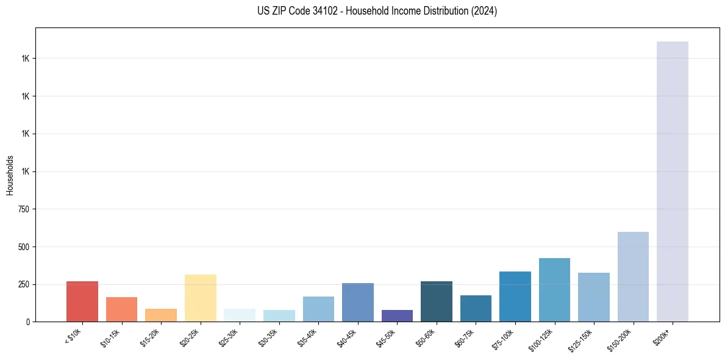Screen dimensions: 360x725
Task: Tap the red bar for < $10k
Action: pos(82,301)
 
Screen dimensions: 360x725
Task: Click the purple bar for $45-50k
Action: pos(397,315)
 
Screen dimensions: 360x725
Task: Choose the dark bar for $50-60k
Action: pos(437,301)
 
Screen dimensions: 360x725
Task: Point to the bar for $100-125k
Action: pos(554,290)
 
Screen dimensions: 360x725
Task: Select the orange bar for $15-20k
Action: pos(161,315)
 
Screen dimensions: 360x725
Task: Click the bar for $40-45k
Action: pos(358,302)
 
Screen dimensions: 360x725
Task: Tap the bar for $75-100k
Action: pos(515,297)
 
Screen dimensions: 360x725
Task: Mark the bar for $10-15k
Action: pos(121,309)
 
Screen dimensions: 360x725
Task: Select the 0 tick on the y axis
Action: pos(28,322)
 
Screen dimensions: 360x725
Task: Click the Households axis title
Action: pos(10,175)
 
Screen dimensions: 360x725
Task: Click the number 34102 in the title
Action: pos(323,11)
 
